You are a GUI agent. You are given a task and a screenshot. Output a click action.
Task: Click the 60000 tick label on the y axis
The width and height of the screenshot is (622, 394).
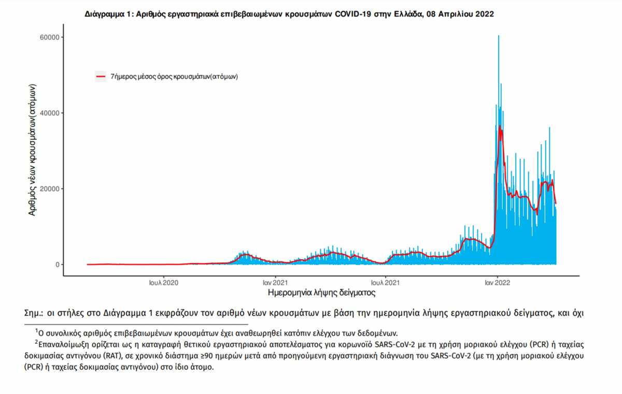pos(49,37)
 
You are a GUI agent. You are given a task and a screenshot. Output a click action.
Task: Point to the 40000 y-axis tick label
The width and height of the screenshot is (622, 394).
pos(49,113)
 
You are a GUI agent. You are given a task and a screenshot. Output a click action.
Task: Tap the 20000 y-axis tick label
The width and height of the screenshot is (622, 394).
pos(49,188)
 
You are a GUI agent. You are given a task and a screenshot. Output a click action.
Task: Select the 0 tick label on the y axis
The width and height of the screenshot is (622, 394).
pos(58,265)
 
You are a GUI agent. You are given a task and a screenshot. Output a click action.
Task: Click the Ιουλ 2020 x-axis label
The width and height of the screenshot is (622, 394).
pos(164,283)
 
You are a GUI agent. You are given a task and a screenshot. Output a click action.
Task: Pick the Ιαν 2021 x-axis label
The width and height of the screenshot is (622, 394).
pos(275,283)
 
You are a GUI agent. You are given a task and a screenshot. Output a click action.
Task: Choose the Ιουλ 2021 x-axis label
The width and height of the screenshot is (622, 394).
pos(385,283)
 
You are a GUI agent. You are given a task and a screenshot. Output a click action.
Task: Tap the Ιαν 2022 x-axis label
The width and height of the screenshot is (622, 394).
pos(497,283)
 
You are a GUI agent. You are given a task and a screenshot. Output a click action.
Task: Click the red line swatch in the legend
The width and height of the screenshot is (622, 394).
pos(101,76)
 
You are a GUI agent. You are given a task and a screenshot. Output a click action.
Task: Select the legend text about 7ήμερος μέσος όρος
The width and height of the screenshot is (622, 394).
pos(174,77)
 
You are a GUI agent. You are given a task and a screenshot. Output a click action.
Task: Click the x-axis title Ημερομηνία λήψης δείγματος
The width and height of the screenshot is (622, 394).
pos(321,293)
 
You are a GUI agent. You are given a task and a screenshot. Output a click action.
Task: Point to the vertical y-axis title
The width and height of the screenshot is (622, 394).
pos(32,150)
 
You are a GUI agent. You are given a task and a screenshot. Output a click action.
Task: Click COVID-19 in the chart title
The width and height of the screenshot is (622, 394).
pos(352,14)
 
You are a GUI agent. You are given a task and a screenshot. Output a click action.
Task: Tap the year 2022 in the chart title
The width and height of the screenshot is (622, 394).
pos(485,14)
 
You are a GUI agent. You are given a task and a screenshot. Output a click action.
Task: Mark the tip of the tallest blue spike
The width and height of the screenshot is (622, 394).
pos(499,36)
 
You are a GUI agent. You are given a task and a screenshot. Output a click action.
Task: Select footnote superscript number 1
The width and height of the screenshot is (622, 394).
pos(36,330)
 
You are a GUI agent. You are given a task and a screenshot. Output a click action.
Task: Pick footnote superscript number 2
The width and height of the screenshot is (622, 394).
pos(36,342)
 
